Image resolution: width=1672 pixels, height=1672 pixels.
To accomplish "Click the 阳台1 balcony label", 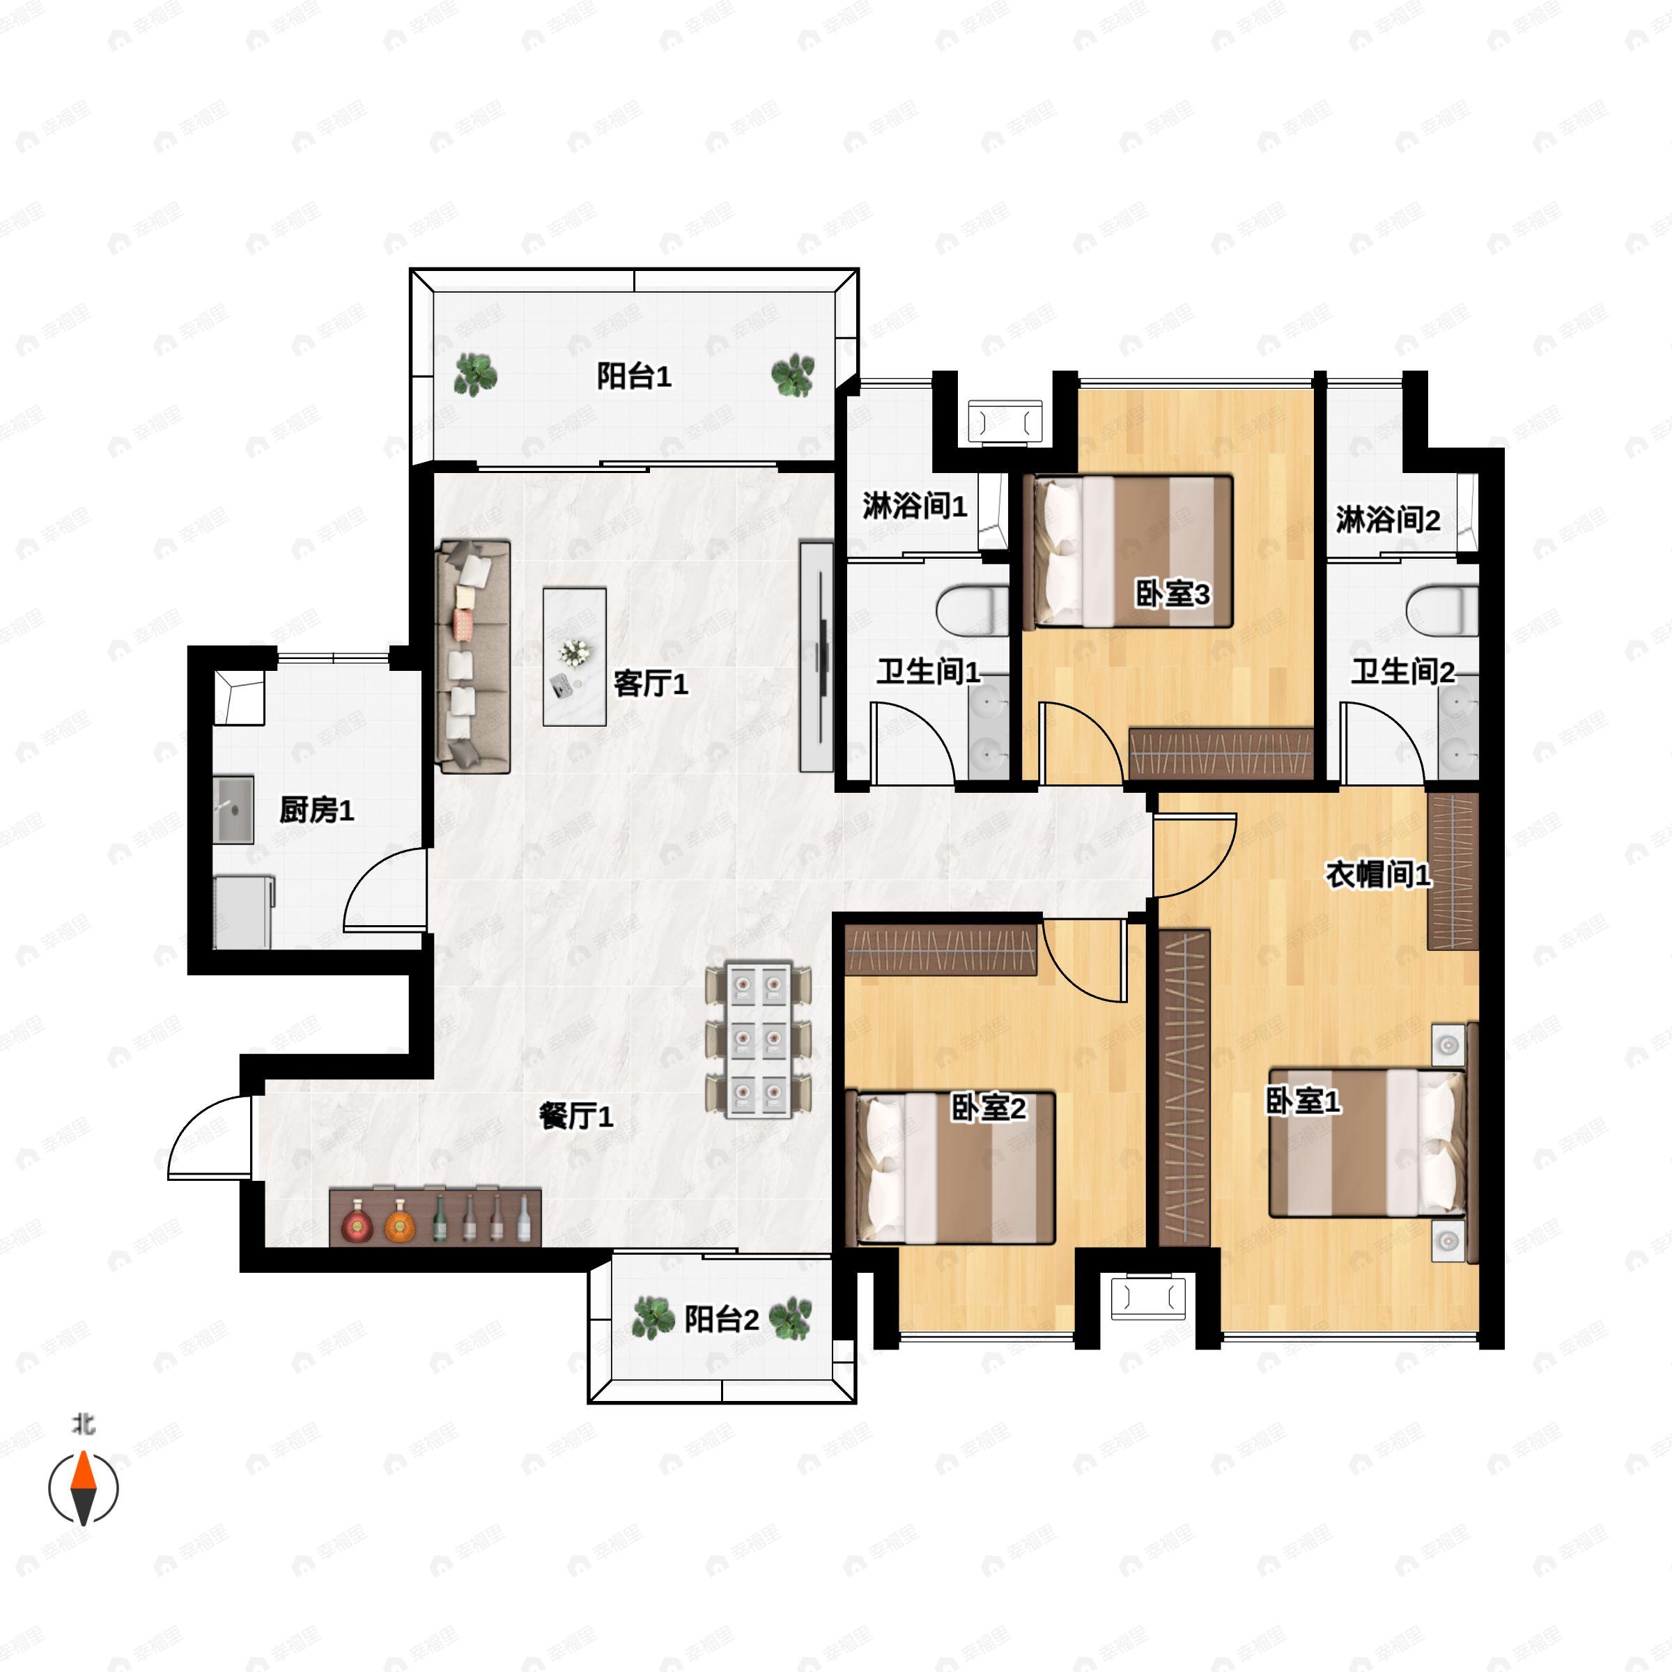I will [x=633, y=376].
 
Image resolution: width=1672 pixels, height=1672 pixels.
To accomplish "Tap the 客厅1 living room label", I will [x=650, y=683].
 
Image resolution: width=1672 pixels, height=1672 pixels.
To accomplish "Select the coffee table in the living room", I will [x=574, y=657].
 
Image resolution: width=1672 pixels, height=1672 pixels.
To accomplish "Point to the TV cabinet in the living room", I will [x=815, y=657].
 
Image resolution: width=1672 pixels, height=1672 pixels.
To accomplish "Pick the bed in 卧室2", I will [x=955, y=1168].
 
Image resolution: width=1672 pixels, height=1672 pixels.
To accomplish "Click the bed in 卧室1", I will [x=1368, y=1143].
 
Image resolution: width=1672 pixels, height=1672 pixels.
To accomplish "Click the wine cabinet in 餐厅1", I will [x=435, y=1218].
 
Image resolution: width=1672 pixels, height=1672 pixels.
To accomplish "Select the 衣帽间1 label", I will [x=1378, y=874].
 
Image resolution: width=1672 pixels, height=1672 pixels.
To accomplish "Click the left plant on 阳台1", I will [x=475, y=375].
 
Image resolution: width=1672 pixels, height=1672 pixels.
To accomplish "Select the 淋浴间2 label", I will [x=1387, y=520].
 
